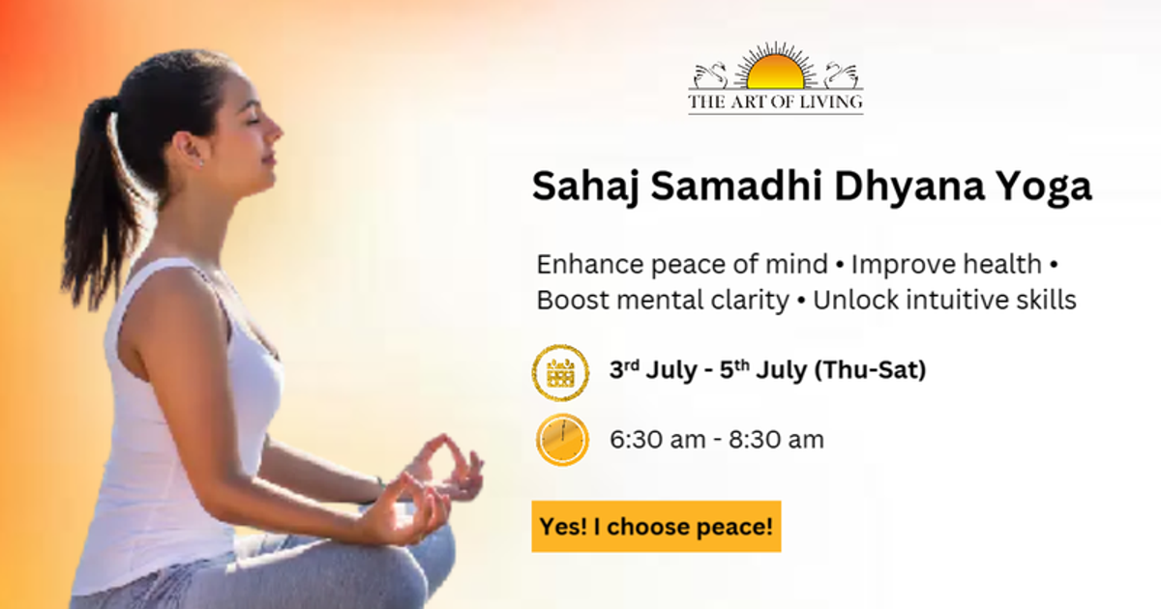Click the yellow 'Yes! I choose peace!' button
pos(656,527)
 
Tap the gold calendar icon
pos(561,372)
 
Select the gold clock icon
pos(562,441)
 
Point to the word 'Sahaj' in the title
pos(585,187)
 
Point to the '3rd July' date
pos(647,370)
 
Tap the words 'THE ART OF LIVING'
pos(775,101)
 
